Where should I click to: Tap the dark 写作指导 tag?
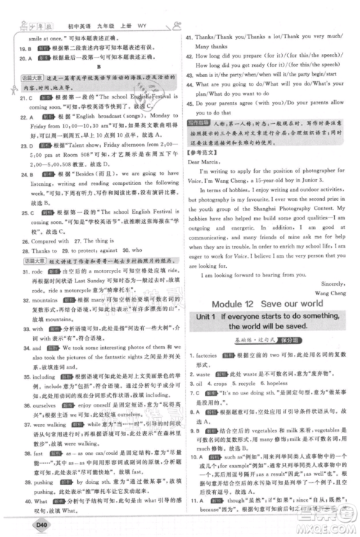coord(199,125)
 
